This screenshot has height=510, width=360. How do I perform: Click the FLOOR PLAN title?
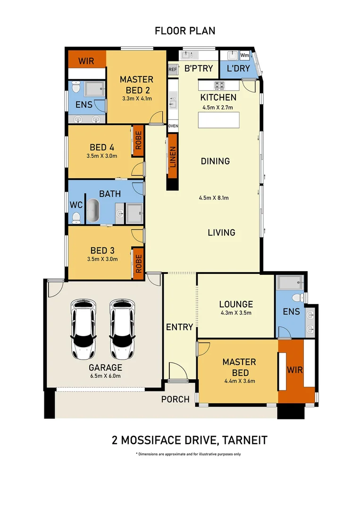click(185, 31)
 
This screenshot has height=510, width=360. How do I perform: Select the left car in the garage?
click(83, 329)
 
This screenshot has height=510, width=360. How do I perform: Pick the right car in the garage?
click(122, 329)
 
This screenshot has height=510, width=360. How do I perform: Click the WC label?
click(76, 206)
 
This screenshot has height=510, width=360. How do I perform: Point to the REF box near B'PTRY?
click(173, 68)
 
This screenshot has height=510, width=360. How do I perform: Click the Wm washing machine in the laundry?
click(244, 56)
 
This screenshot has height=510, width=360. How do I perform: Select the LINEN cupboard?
click(173, 156)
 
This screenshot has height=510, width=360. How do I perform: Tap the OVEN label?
click(173, 126)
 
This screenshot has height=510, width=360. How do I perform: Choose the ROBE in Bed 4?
click(138, 140)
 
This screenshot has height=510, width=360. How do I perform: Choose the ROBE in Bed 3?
click(138, 263)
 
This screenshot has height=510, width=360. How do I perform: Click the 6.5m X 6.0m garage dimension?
click(106, 376)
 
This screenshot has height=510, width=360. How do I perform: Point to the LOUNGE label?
click(236, 305)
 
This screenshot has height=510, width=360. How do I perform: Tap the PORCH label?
click(175, 399)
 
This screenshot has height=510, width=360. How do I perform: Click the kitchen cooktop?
click(219, 85)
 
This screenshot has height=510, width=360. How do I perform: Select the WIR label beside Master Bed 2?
click(86, 61)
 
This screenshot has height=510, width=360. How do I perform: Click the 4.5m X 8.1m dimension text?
click(213, 198)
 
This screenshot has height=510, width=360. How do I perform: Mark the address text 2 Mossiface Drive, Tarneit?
click(190, 441)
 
